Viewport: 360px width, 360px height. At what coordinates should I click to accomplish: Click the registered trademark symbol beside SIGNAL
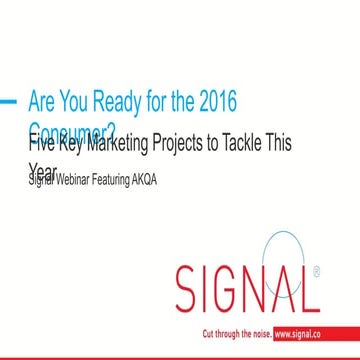tap(319, 269)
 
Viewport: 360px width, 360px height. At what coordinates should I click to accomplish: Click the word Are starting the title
tap(46, 102)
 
